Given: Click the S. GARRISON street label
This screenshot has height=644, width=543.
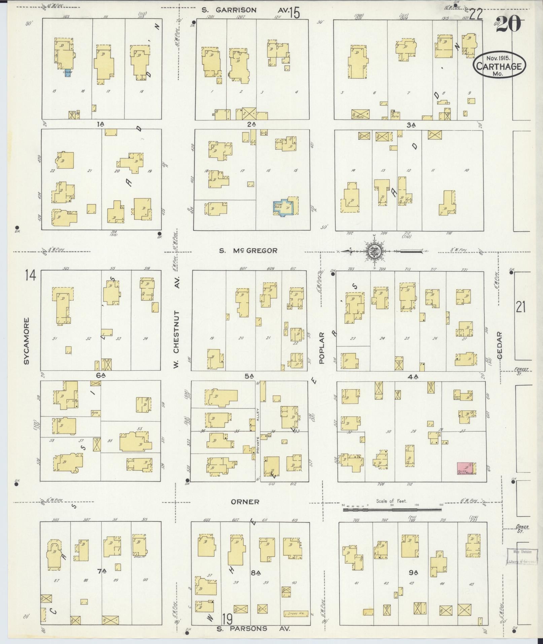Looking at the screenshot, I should coord(229,10).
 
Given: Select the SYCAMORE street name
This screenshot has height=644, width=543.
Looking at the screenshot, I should coord(27,341).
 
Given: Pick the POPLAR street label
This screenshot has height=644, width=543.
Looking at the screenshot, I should coord(321,348).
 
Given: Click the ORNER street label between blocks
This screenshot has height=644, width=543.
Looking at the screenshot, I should coord(245,502).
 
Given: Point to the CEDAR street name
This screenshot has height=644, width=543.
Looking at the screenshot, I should coord(499,345).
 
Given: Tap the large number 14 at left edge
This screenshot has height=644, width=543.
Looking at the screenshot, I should coord(30,276).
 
